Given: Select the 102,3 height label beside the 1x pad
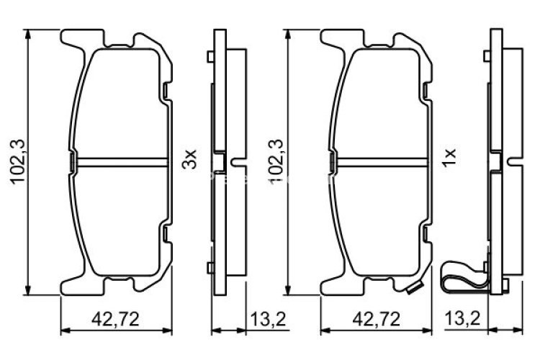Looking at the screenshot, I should tap(275, 162).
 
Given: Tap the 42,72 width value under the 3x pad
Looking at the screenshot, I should tap(116, 318).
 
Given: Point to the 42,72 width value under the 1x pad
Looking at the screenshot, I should tap(375, 318).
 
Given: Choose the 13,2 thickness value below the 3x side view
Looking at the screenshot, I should tap(262, 318).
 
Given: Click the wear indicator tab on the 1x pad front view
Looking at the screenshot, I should tap(413, 289).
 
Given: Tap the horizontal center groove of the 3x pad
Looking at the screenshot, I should tap(119, 160).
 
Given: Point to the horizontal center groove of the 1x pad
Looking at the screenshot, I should tap(378, 160).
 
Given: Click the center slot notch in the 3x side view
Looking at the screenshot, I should tap(236, 161).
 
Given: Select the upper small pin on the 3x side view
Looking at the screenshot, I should tap(210, 56).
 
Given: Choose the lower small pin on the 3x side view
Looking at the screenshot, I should tap(210, 268).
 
